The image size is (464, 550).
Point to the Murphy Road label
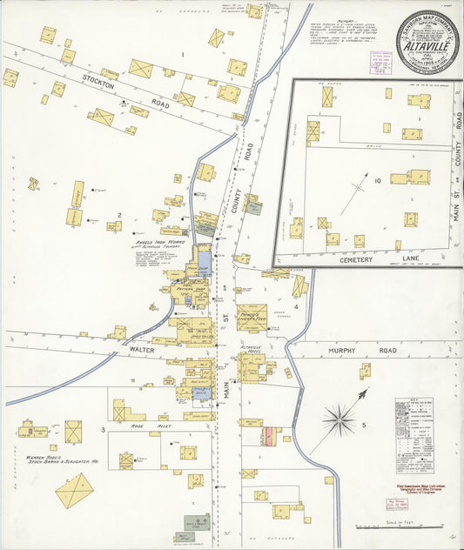(375, 351)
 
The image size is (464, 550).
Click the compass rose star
(339, 419)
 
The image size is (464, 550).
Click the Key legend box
(414, 423)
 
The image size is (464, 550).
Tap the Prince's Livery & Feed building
(252, 319)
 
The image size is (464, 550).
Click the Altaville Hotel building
(252, 366)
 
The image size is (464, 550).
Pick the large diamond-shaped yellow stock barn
(75, 491)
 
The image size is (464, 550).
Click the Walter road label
(141, 351)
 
